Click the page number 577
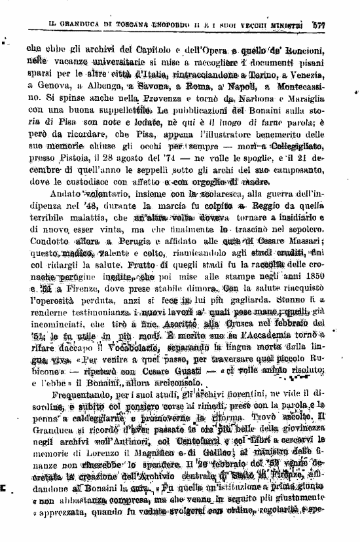338,25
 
